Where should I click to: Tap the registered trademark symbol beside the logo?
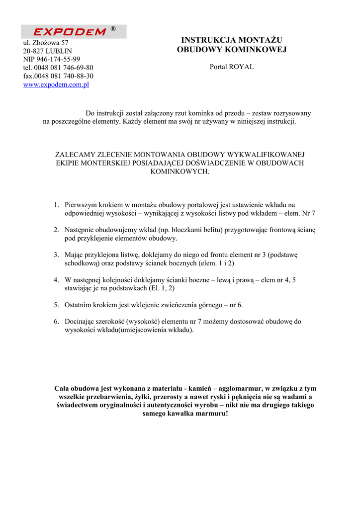(113, 29)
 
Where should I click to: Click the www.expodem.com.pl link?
(56, 85)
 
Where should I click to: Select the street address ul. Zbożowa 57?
(46, 43)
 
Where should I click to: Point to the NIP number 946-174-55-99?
(52, 59)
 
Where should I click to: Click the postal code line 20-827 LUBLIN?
(48, 51)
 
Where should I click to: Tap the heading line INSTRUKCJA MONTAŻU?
(232, 40)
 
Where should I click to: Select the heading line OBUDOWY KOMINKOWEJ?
(232, 50)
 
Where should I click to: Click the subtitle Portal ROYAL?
(232, 67)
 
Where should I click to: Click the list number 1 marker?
(56, 204)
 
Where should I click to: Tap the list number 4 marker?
(56, 280)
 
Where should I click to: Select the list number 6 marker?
(56, 322)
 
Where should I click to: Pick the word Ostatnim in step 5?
(78, 305)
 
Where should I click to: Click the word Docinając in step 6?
(81, 322)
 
